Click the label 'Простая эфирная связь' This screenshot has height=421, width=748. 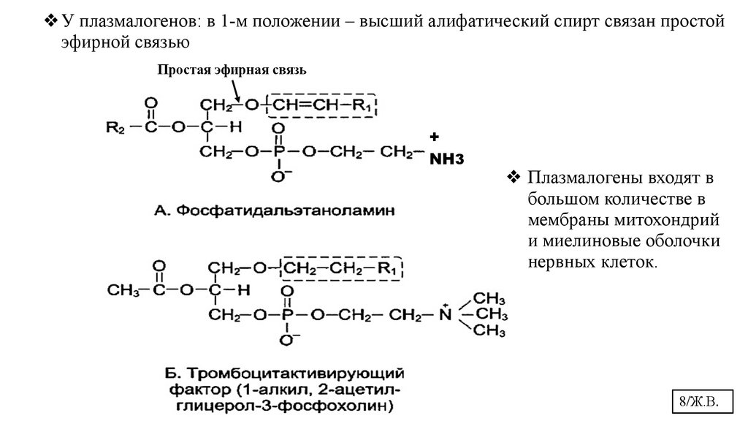coord(232,70)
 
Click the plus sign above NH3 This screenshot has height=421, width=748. coord(433,137)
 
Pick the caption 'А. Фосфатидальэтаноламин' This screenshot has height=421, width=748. coord(275,211)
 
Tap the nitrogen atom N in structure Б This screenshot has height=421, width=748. coord(444,314)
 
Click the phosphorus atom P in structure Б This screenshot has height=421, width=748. coord(287,314)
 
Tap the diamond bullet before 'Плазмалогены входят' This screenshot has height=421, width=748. coord(513,178)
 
